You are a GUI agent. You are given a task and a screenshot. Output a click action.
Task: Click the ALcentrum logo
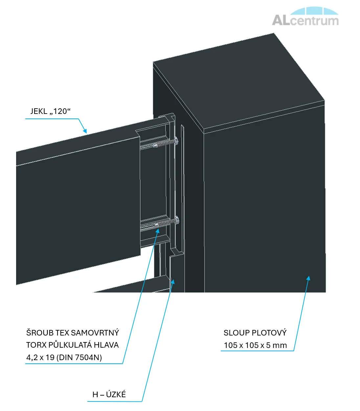305,16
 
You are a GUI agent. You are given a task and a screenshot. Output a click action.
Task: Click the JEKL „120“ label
51,111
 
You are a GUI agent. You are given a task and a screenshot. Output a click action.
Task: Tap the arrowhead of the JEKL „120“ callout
85,131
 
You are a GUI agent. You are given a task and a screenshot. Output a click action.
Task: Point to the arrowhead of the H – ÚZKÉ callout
173,282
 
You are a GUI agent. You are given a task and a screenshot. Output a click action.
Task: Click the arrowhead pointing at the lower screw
157,231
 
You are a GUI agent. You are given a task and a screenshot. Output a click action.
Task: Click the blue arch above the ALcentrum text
314,11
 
